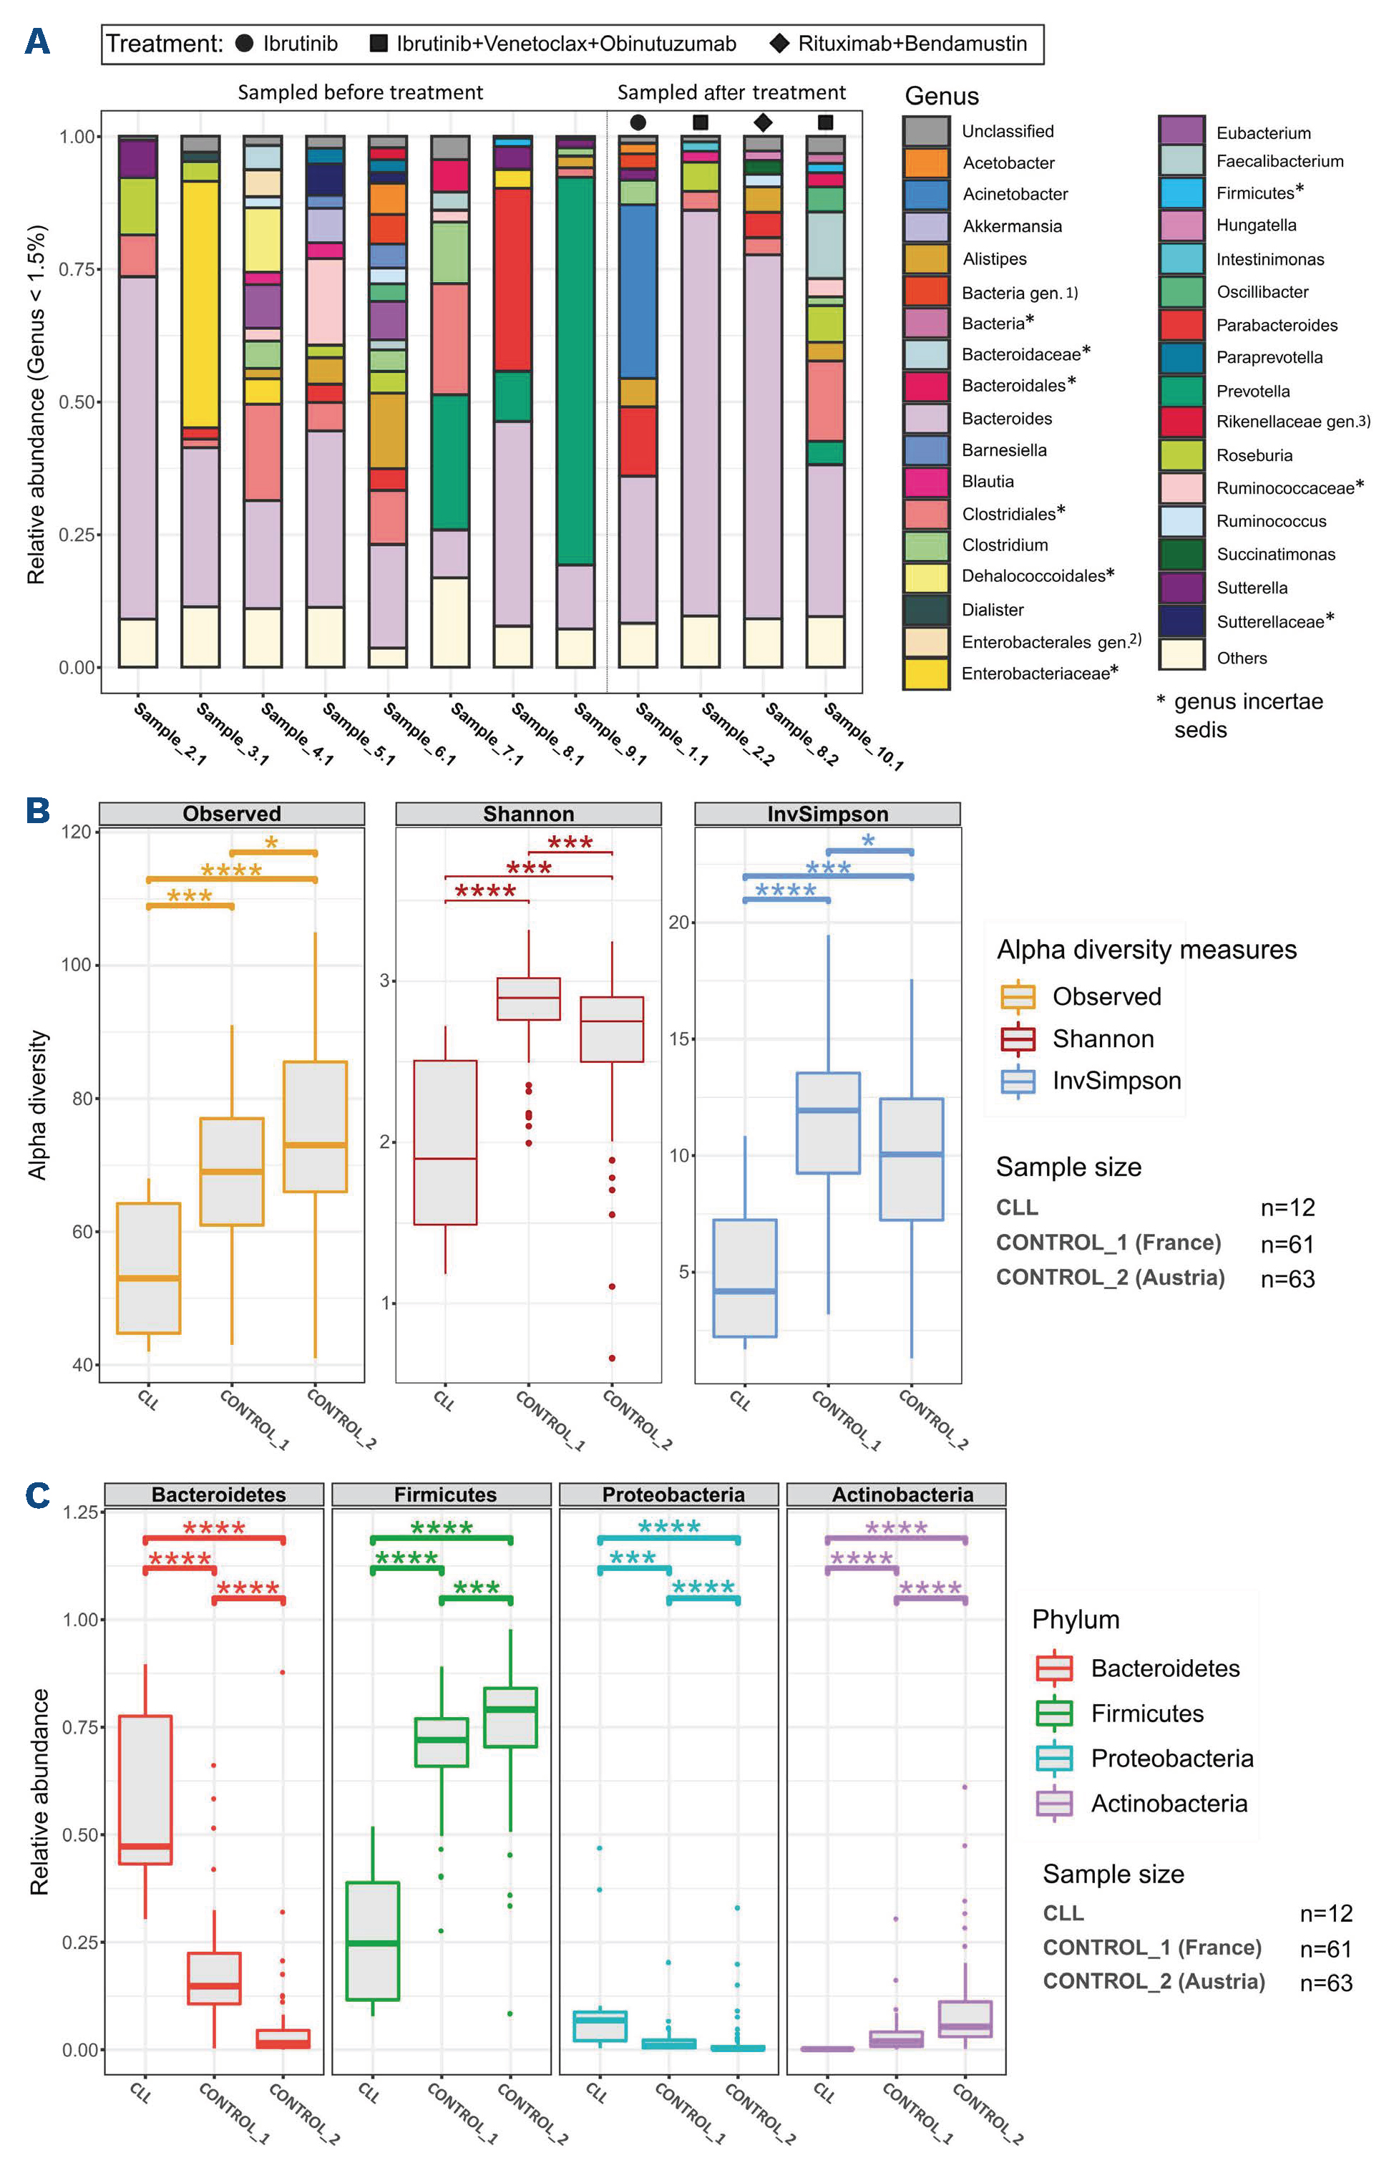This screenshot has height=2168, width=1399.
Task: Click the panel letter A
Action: [37, 42]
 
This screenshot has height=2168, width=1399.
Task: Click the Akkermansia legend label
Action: [1012, 226]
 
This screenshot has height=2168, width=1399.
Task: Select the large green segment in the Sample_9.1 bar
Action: [575, 371]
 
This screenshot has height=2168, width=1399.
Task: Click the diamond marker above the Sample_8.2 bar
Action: [763, 122]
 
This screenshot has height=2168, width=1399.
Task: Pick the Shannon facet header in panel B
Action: [529, 813]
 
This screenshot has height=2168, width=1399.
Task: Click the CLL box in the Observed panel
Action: [149, 1268]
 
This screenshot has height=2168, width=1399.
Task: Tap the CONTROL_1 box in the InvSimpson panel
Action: [827, 1122]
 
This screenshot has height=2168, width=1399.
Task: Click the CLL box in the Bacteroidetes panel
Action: [145, 1789]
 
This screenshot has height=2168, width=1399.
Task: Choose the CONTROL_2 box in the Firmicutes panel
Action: [510, 1716]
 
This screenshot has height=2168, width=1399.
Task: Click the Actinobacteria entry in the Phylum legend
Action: [1169, 1803]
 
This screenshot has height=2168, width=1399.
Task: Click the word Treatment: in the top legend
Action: [165, 44]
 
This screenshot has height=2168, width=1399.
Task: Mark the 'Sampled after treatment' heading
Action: [731, 92]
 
